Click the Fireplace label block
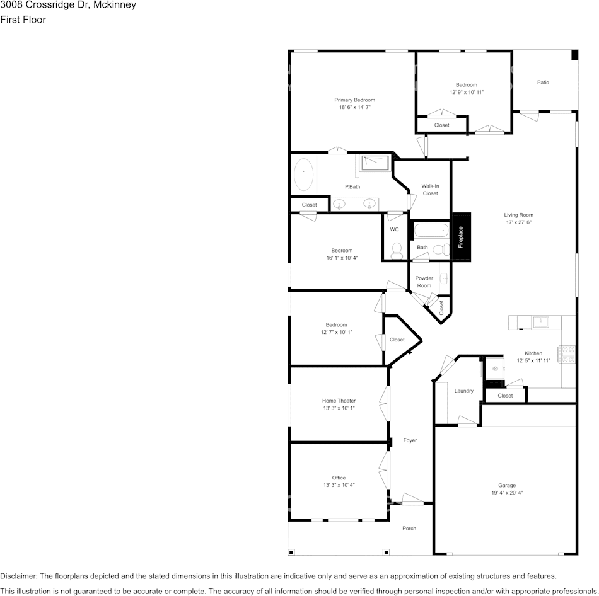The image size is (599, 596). pyautogui.click(x=461, y=237)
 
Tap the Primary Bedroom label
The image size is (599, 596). pyautogui.click(x=354, y=100)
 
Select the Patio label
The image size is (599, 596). pyautogui.click(x=543, y=83)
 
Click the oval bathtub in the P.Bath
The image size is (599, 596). pyautogui.click(x=304, y=174)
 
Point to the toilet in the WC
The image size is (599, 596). pyautogui.click(x=397, y=250)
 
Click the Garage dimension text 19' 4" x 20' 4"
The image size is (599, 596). pyautogui.click(x=507, y=493)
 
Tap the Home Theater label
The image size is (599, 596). pyautogui.click(x=339, y=401)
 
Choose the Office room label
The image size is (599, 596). pyautogui.click(x=339, y=478)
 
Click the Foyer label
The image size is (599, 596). pyautogui.click(x=410, y=440)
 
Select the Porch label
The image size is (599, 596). pyautogui.click(x=409, y=529)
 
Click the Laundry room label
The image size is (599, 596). pyautogui.click(x=464, y=391)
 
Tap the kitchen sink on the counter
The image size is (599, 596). pyautogui.click(x=541, y=322)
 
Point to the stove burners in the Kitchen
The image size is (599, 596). pyautogui.click(x=567, y=354)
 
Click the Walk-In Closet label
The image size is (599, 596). pyautogui.click(x=430, y=190)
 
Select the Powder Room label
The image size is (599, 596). pyautogui.click(x=424, y=282)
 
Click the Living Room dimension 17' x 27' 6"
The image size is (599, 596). pyautogui.click(x=518, y=222)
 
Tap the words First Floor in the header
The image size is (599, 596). pyautogui.click(x=23, y=20)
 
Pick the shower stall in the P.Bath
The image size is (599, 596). pyautogui.click(x=375, y=163)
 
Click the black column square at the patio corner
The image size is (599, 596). pyautogui.click(x=574, y=55)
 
